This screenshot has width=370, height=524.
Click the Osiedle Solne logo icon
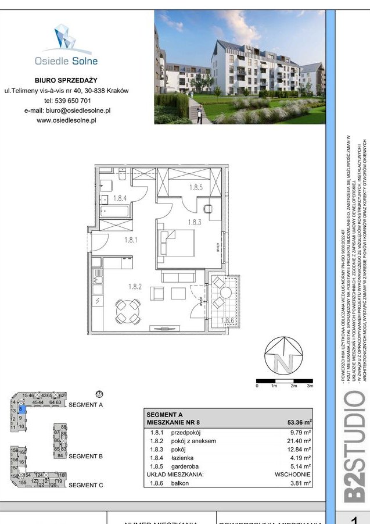point(65,37)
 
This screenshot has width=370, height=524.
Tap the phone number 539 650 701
point(73,100)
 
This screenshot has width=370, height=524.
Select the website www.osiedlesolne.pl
point(66,120)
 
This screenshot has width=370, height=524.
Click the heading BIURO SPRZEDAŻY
point(66,80)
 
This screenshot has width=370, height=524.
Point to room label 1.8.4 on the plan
point(120,198)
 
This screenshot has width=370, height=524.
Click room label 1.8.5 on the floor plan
point(196,187)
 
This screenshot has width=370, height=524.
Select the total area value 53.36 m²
point(300,423)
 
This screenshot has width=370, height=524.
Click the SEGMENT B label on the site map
point(85,457)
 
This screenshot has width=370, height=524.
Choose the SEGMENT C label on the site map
point(85,485)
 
